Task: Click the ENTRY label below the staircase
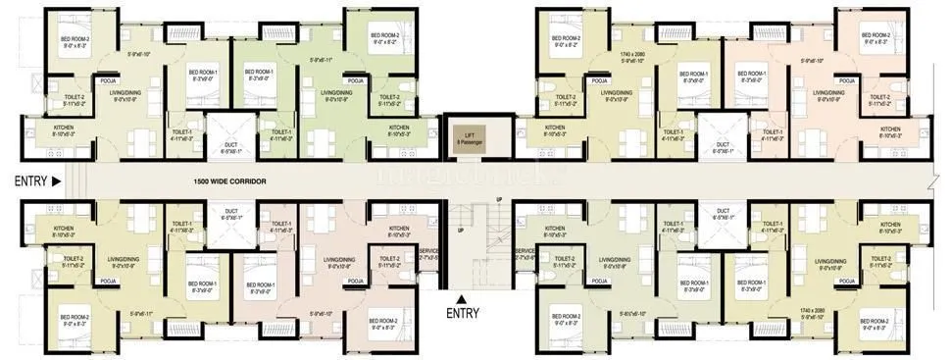[x=462, y=314]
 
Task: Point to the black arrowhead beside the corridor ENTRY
[x=56, y=181]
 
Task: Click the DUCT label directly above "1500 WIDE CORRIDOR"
[x=230, y=147]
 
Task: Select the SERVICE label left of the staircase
[x=427, y=251]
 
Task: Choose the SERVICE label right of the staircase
[x=525, y=251]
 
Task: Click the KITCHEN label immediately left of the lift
[x=398, y=129]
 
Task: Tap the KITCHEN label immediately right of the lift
[x=555, y=129]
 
